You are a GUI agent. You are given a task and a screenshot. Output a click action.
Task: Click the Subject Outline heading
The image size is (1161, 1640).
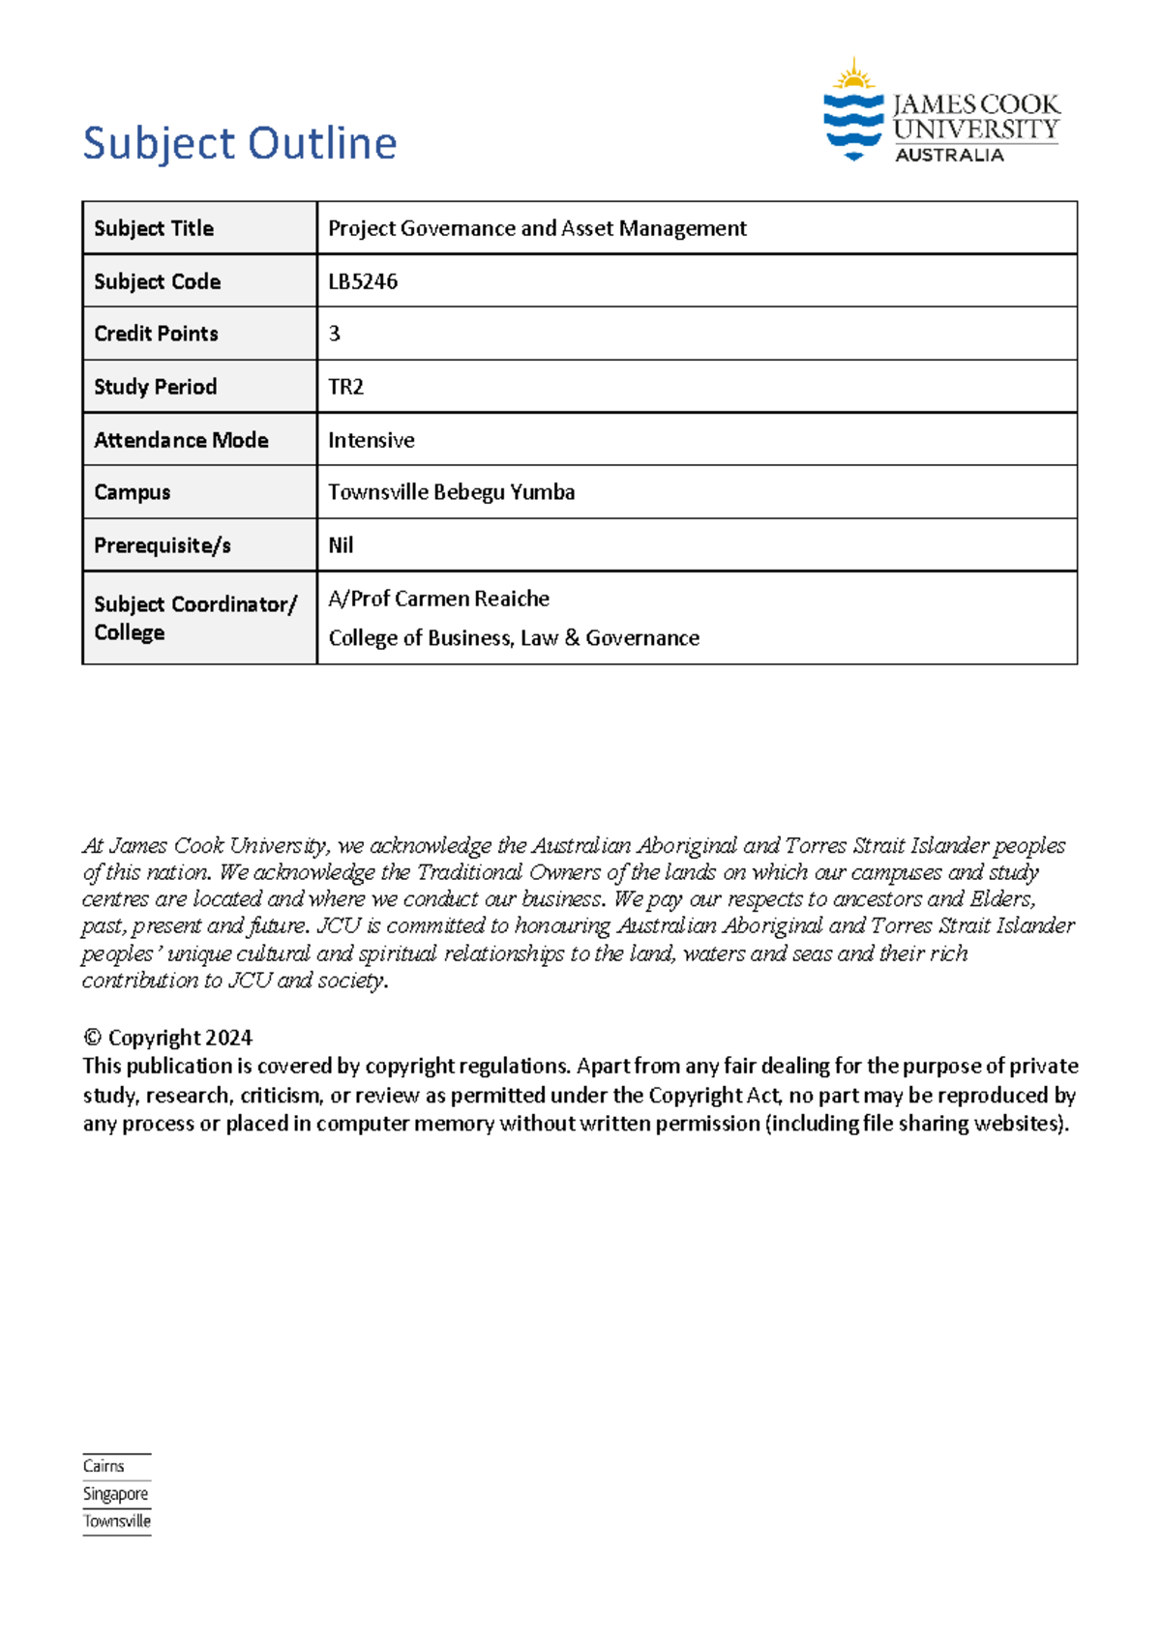pos(240,143)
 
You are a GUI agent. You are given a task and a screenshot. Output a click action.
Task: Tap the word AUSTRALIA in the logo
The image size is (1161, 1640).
pos(949,156)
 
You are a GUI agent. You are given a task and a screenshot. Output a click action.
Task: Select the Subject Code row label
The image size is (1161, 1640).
pos(157,281)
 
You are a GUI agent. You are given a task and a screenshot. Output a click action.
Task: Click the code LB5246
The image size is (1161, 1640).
pos(363,281)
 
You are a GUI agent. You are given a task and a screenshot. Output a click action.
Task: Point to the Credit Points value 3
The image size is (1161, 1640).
pos(335,334)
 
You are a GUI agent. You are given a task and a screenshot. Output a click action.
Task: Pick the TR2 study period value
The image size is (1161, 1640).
pos(345,387)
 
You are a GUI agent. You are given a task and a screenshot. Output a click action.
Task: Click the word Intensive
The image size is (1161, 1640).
pos(371,440)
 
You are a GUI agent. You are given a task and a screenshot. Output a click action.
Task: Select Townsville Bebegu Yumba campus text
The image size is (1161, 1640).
pos(451,492)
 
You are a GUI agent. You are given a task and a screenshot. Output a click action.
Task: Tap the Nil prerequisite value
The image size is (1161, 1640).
pos(341,545)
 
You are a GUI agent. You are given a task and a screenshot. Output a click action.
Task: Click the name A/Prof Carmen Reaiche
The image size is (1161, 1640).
pos(438,599)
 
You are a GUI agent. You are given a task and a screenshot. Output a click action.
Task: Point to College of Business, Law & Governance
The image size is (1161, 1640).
pos(514,638)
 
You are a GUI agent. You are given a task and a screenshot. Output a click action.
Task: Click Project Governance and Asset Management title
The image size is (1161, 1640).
pos(537,228)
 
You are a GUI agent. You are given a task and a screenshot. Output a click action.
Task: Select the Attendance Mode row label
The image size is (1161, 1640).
pos(181,440)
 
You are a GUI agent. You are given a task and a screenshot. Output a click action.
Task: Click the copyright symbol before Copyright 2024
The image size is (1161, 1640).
pos(92,1039)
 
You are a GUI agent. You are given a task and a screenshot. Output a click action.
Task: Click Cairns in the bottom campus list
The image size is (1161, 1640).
pos(104,1466)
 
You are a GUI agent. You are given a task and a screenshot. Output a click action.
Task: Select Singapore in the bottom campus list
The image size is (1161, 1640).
pos(115,1494)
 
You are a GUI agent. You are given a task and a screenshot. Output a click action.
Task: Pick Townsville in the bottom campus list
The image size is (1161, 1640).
pos(117,1521)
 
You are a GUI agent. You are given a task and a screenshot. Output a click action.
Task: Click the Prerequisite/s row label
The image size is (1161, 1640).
pos(162,545)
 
